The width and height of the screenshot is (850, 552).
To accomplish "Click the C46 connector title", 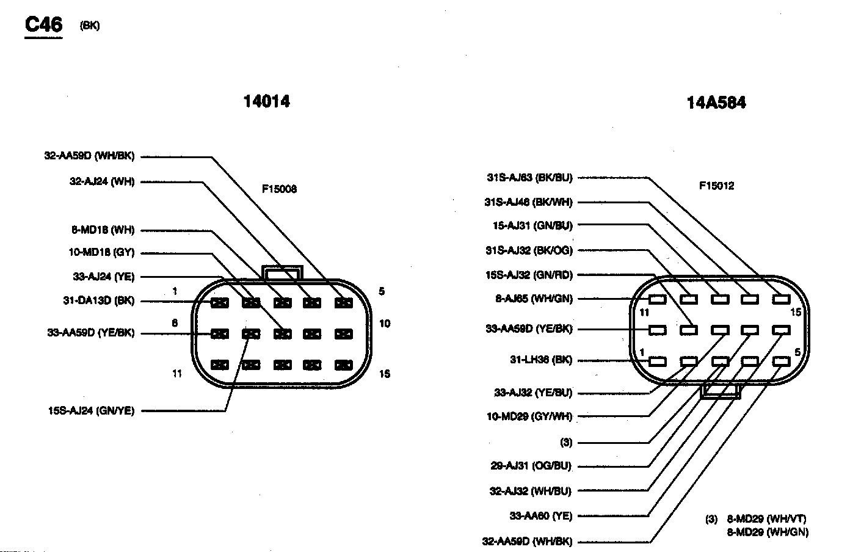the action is (x=43, y=24).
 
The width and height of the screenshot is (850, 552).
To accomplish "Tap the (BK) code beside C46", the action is (x=89, y=26).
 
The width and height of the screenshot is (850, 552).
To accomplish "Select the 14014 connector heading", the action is (x=266, y=101).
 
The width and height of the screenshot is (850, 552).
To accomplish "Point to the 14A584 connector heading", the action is (x=716, y=102).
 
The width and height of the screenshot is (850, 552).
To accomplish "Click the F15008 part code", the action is (x=279, y=189).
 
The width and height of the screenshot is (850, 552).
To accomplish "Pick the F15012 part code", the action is (x=716, y=186).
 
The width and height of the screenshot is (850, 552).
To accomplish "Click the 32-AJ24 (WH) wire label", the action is (x=102, y=181).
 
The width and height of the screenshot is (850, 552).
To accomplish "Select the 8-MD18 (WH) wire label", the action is (x=103, y=230).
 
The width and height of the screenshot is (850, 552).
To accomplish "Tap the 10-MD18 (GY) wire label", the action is (x=101, y=252).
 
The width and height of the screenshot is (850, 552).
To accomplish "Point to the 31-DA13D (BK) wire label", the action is (x=98, y=300).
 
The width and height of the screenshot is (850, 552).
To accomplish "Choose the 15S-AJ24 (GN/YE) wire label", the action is (x=91, y=411).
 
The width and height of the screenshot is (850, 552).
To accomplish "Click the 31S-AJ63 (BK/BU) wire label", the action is (x=529, y=178).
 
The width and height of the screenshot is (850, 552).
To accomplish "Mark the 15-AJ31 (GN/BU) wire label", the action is (x=532, y=225).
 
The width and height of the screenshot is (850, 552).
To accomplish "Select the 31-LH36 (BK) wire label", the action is (x=541, y=360).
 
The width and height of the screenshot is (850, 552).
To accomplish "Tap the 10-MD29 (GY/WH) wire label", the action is (x=529, y=416).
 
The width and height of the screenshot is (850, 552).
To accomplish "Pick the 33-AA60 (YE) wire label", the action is (x=540, y=516).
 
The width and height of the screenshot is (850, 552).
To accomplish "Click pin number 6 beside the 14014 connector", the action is (x=175, y=323).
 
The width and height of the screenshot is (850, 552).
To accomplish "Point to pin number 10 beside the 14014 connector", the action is (x=385, y=324).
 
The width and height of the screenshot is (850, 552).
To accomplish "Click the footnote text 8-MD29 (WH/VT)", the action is (x=766, y=519).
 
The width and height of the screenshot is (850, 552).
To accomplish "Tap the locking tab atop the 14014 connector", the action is (x=282, y=272).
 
